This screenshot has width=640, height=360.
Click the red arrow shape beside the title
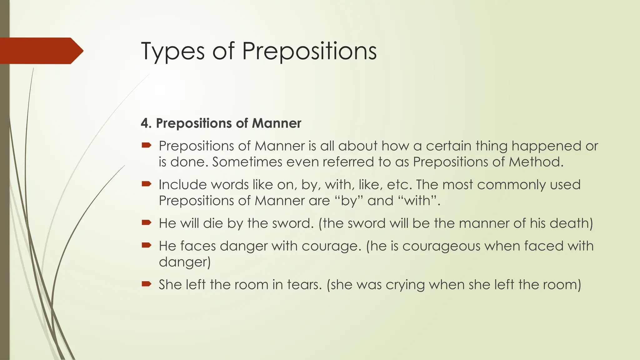[x=41, y=51]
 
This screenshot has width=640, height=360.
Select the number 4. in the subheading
[x=146, y=123]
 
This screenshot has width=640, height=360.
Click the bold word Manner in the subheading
[x=277, y=123]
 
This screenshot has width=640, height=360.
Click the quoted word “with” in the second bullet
[x=417, y=201]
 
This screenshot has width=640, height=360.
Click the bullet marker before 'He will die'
[x=146, y=222]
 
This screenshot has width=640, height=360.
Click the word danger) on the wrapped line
[x=185, y=262]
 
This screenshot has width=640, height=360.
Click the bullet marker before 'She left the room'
[x=146, y=284]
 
